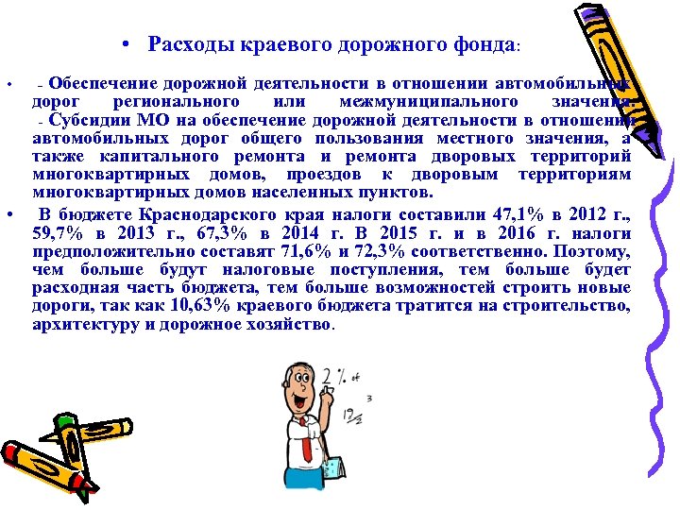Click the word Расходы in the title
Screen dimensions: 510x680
184,44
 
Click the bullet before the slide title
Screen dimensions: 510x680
126,44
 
